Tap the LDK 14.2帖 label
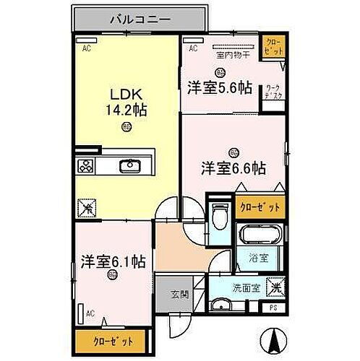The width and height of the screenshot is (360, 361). tap(127, 103)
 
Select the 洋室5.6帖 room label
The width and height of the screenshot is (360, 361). tap(220, 87)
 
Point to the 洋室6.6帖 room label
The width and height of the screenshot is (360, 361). tap(233, 168)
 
